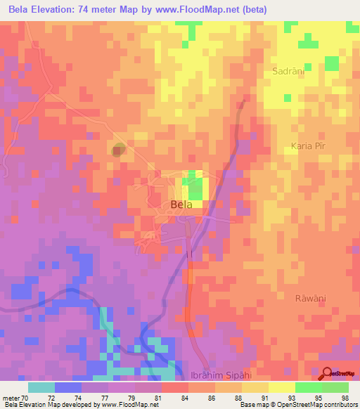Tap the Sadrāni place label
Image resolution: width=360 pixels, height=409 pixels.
pos(287,72)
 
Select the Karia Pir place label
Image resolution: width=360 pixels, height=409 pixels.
pos(310,145)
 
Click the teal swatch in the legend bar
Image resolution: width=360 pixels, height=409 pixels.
pos(41,387)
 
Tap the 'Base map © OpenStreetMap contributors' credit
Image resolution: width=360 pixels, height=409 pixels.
pos(298,405)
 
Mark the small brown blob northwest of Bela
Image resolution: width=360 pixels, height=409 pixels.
pos(119,148)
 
